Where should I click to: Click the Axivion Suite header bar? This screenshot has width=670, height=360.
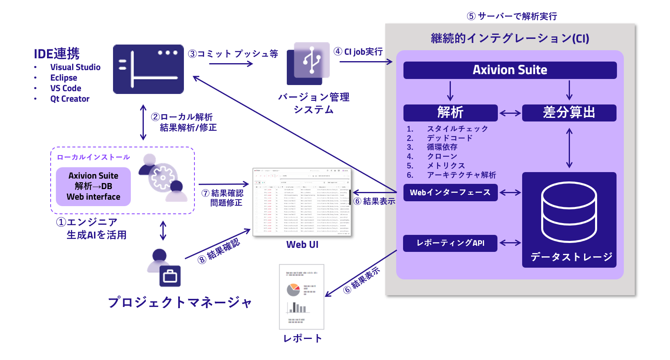point(510,70)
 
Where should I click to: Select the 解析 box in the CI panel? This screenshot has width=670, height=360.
point(450,113)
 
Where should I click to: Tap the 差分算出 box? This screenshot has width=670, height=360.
point(569,113)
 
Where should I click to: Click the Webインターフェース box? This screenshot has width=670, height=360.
point(450,192)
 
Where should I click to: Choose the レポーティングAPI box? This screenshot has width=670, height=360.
point(450,243)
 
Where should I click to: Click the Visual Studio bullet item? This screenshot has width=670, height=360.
point(75,67)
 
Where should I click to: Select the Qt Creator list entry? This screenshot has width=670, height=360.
point(70,99)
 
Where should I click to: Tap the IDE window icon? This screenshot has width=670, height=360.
point(148,69)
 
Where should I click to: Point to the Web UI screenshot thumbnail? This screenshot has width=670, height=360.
point(302,202)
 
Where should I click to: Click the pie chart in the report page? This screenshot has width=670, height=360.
point(293,290)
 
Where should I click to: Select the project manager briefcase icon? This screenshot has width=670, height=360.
point(170,277)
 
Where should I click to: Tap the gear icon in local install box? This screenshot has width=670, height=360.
point(163,178)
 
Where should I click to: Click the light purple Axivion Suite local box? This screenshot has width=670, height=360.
point(93,186)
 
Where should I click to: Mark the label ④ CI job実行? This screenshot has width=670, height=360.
point(358,51)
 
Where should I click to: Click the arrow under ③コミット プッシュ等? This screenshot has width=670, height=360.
point(231,64)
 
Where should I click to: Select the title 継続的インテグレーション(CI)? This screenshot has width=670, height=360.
point(510,38)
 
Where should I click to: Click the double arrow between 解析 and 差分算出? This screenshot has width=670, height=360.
point(510,113)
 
